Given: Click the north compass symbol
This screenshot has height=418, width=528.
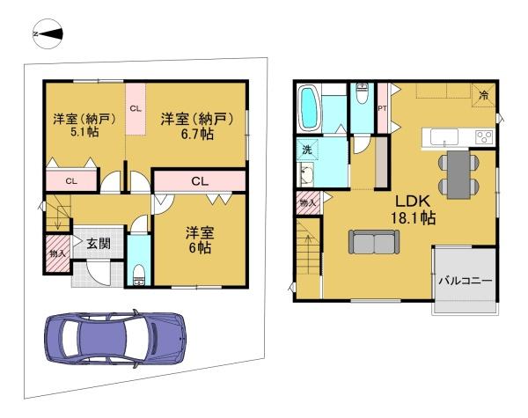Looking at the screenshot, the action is click(48, 34).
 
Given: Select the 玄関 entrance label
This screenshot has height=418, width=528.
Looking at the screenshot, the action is click(99, 243).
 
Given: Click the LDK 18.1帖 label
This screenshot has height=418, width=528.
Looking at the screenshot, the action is click(413, 209).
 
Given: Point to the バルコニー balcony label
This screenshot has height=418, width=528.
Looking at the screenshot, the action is click(466, 280).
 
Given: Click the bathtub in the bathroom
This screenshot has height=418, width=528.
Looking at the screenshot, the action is click(309, 108).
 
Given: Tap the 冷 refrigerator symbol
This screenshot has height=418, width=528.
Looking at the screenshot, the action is click(483, 95).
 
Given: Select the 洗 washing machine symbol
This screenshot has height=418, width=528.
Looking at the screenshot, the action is click(307, 150).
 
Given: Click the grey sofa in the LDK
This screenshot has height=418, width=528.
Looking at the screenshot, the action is click(374, 242).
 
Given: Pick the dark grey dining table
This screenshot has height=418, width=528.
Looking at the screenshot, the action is click(458, 174).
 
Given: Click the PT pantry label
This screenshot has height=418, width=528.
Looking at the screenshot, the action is click(382, 108).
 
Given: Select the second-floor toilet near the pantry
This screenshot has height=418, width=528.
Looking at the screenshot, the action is click(362, 93).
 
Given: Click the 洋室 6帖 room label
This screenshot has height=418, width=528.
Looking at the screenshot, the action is click(200, 240).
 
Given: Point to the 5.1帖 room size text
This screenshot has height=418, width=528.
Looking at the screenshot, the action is click(84, 132).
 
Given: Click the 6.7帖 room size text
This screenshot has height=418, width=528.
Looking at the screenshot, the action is click(197, 134).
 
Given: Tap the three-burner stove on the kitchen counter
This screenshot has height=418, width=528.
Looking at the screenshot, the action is click(484, 137).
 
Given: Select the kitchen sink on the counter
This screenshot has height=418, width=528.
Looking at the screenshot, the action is click(444, 136).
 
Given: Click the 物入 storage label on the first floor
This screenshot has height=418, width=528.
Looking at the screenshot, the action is click(57, 253).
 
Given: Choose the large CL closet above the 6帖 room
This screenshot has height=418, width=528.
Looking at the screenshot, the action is click(200, 181).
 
